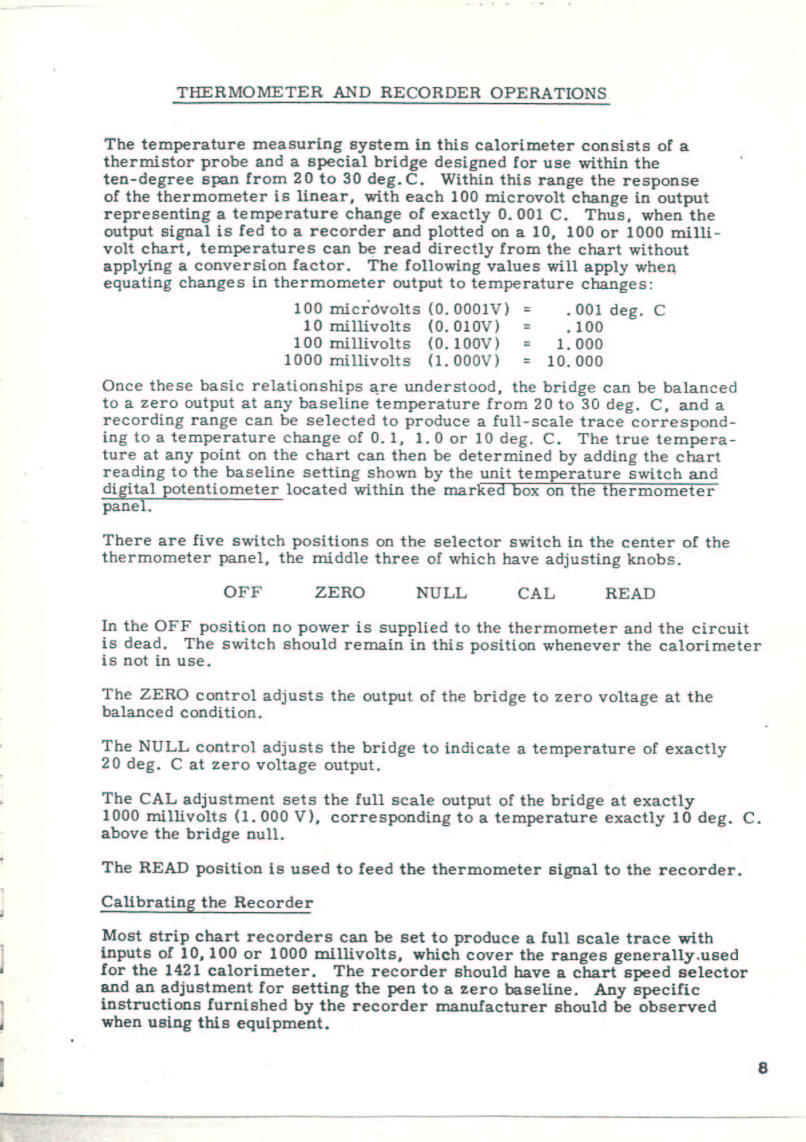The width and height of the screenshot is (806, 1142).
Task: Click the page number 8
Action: (x=763, y=1068)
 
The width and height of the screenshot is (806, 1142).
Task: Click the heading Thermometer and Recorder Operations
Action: (x=391, y=93)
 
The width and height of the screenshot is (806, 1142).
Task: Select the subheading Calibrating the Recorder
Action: (x=207, y=902)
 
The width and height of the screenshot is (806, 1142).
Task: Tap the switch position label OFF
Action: (x=243, y=593)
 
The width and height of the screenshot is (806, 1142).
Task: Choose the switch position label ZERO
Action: (x=340, y=593)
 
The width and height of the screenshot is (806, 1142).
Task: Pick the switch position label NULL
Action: (x=441, y=593)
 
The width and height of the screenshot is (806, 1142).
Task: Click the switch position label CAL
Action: (x=536, y=593)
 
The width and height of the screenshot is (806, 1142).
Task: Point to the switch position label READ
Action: (x=630, y=594)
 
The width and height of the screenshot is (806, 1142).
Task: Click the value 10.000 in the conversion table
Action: (x=575, y=362)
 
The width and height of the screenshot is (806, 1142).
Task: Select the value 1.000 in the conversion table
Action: (x=579, y=344)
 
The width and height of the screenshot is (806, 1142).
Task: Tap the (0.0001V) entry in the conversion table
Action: (x=468, y=310)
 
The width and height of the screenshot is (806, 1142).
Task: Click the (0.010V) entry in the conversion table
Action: (x=464, y=327)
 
